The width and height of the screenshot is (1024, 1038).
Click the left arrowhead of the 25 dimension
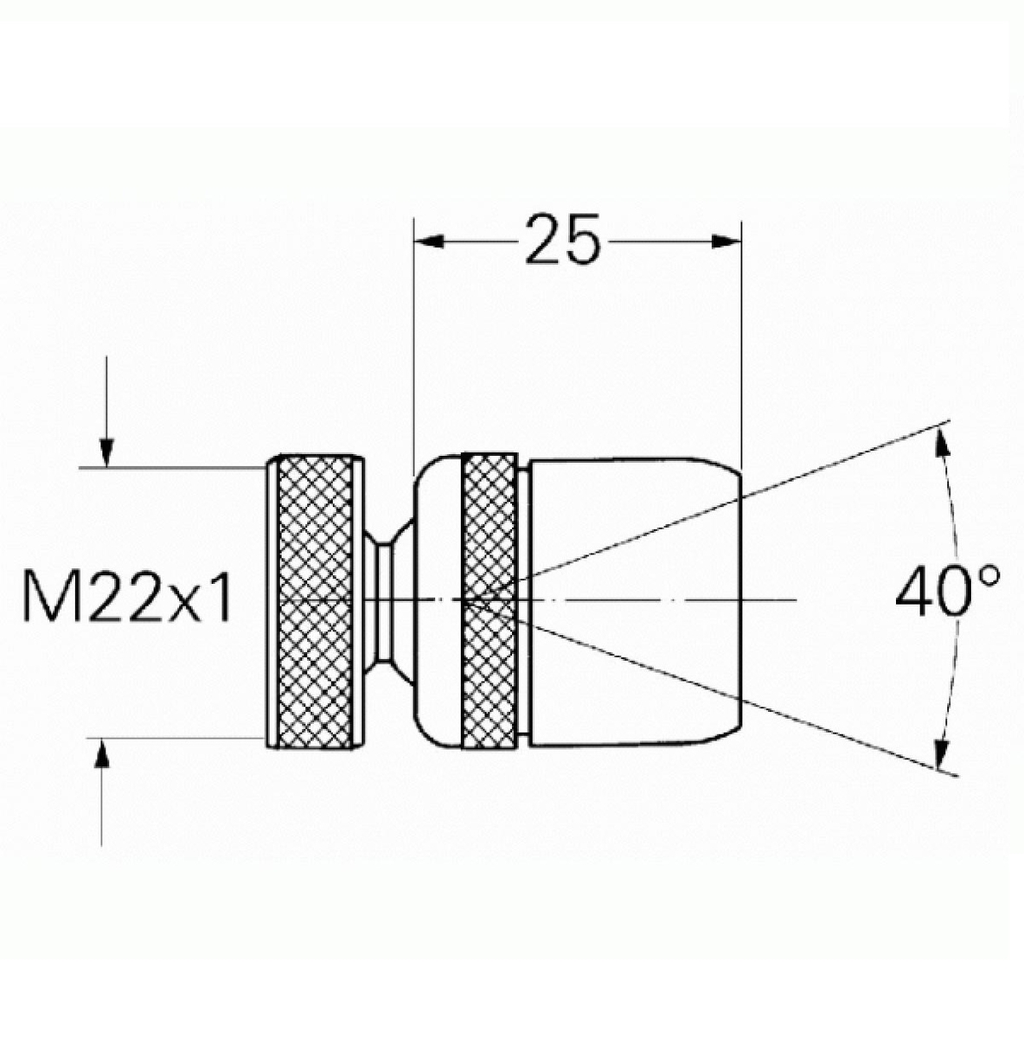point(429,241)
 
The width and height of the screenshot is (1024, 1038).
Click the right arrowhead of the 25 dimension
point(726,241)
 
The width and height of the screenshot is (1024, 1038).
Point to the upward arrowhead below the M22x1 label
point(101,753)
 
